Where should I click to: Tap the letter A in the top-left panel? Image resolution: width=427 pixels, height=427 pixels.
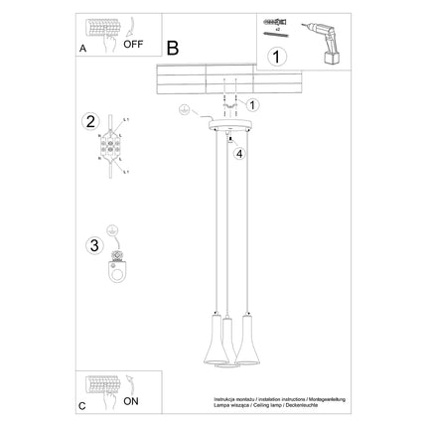click(x=81, y=48)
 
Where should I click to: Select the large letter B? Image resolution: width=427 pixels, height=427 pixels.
click(x=173, y=48)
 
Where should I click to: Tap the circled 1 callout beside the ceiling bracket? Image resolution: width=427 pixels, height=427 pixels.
click(x=252, y=104)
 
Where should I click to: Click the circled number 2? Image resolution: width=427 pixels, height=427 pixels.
click(x=90, y=123)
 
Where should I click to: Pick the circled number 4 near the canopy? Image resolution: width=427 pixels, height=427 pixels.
click(x=238, y=153)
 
